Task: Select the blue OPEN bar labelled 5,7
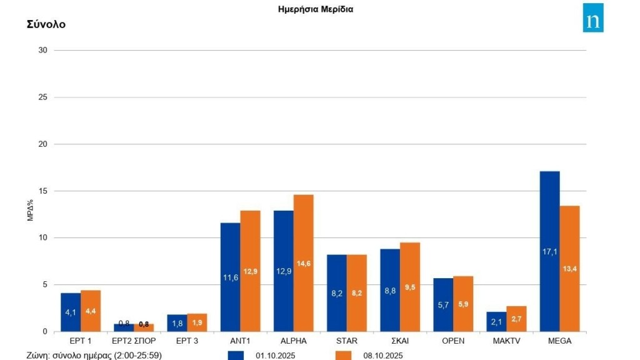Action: pos(443,304)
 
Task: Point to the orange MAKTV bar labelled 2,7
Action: pos(516,318)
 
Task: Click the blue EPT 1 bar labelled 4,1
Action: pos(71,312)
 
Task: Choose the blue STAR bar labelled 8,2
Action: pos(337,292)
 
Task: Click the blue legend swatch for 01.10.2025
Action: pos(236,355)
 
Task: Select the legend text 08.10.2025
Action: pos(382,356)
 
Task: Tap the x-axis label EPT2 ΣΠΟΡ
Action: pos(134,341)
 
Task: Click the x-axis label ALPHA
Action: pos(294,341)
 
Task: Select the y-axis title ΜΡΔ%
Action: pos(29,211)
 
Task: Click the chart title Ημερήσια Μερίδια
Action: pos(316,9)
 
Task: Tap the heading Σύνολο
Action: pos(46,24)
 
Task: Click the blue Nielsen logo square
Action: pos(593,17)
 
